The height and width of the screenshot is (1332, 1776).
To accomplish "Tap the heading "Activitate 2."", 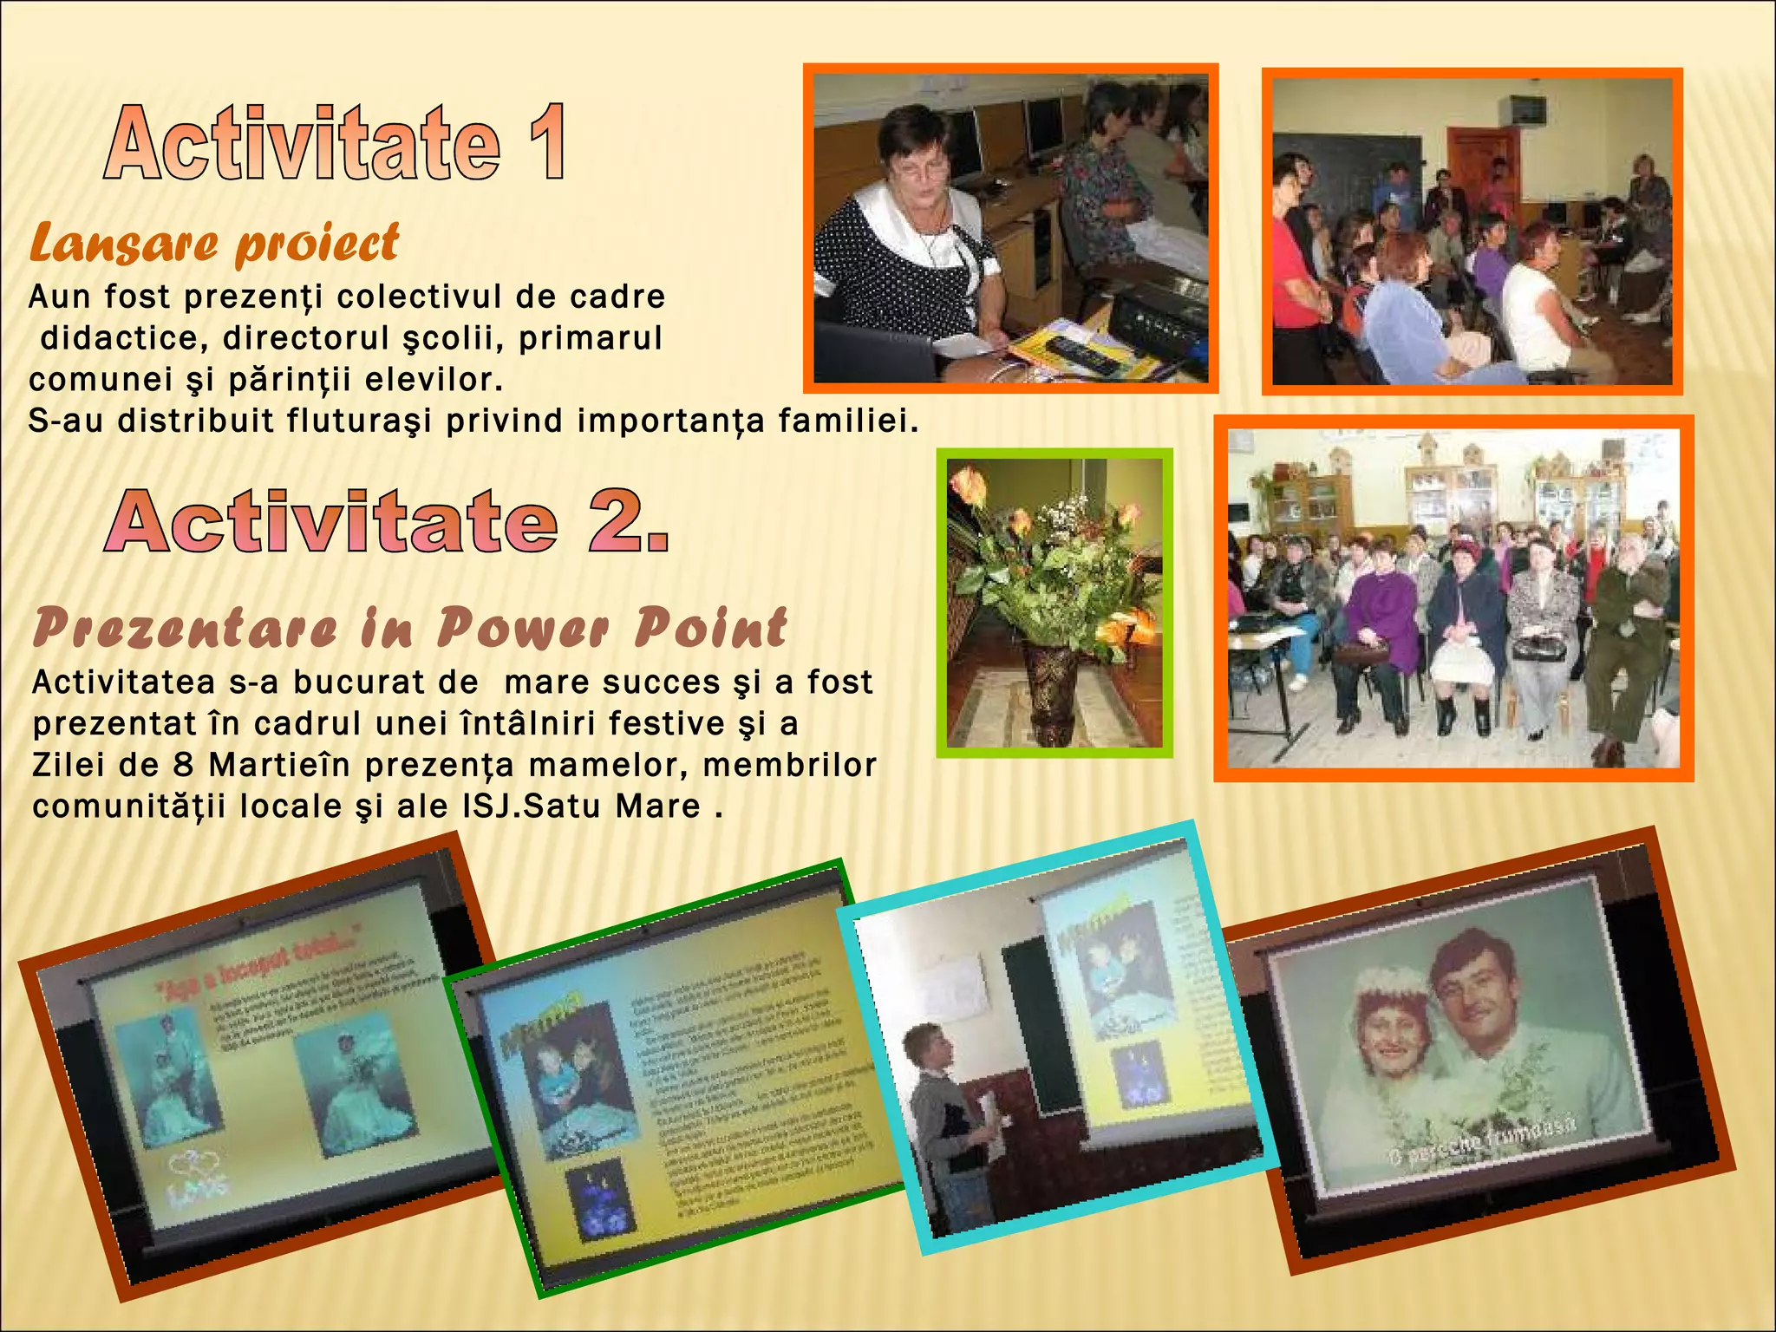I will [x=388, y=521].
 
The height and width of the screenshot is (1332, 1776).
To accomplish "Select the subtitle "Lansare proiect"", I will [x=214, y=244].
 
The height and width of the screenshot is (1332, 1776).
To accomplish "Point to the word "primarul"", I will [x=591, y=338].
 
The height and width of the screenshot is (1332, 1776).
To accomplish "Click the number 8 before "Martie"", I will [x=182, y=766].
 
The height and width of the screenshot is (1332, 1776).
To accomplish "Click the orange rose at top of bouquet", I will [x=967, y=485].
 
